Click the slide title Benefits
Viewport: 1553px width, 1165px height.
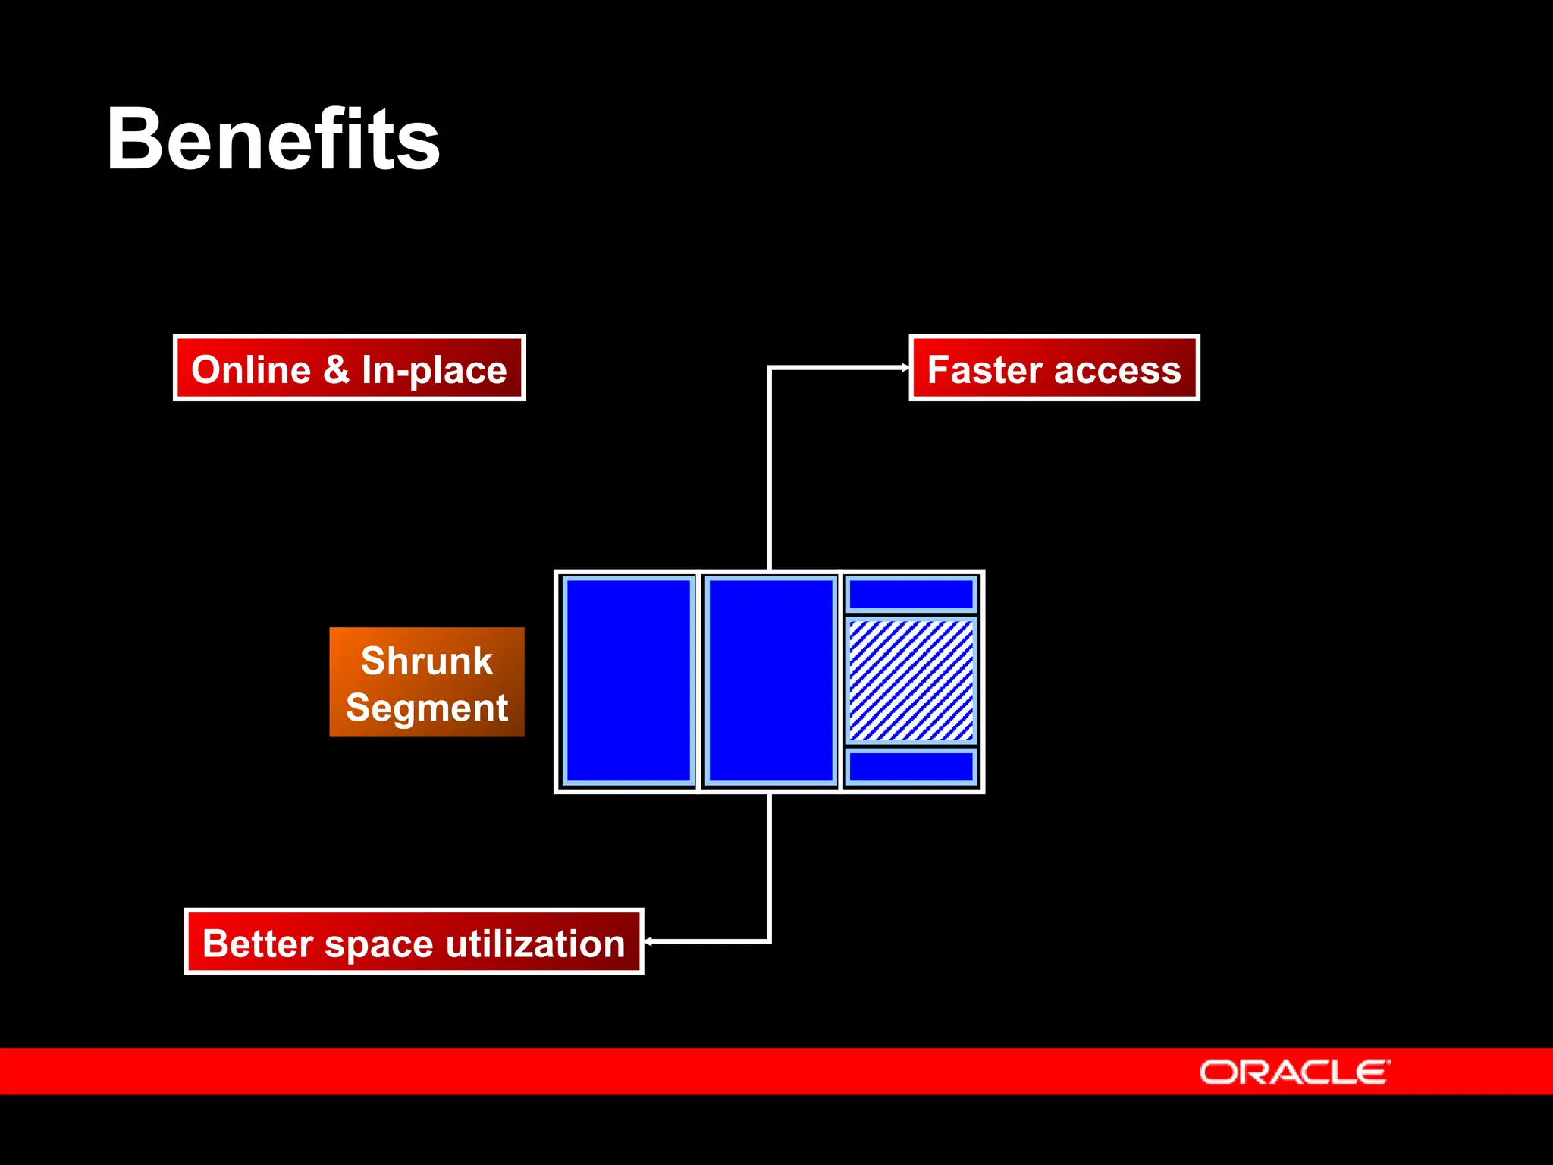273,140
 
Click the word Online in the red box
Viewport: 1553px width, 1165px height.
251,370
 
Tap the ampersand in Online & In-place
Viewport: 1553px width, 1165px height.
336,370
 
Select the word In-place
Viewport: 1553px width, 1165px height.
434,371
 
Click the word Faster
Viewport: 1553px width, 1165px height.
985,370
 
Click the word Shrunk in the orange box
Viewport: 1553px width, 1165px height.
427,661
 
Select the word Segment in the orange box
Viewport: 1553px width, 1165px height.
427,708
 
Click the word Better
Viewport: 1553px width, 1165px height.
258,944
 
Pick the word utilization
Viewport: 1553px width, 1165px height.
535,944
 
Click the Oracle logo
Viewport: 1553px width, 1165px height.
1294,1072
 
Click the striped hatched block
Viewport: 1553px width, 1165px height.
911,680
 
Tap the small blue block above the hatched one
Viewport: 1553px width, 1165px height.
911,594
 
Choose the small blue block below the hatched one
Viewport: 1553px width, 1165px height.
911,767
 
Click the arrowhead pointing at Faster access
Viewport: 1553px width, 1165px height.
905,367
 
